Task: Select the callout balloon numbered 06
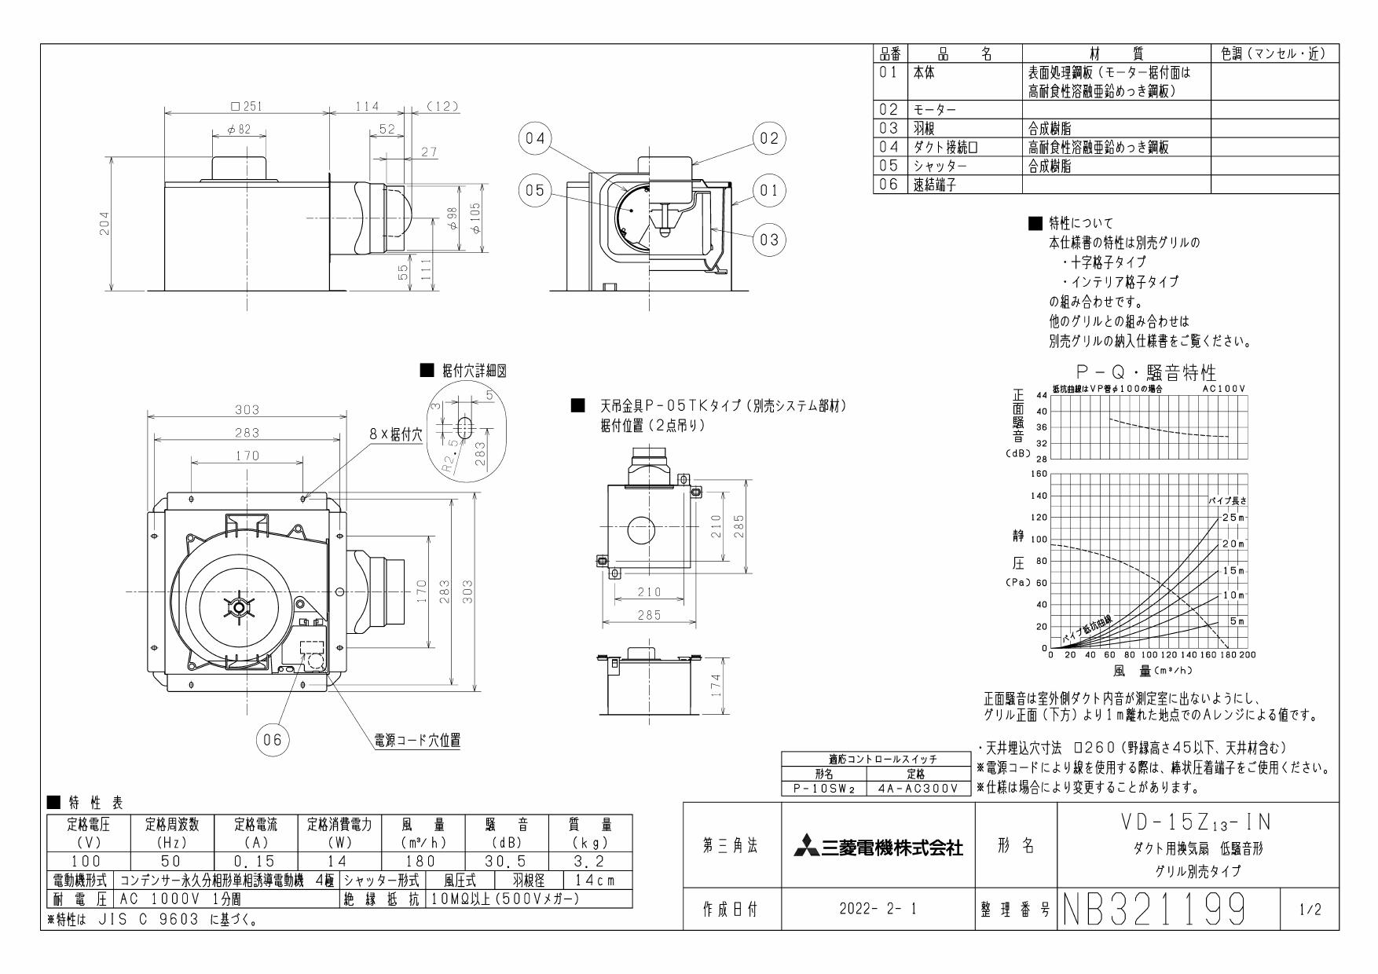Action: (x=272, y=740)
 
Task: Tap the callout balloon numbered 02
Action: (x=768, y=139)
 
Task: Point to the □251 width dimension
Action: (x=245, y=107)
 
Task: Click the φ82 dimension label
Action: (x=239, y=130)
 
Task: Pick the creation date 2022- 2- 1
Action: (x=877, y=910)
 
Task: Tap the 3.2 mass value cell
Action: (x=595, y=861)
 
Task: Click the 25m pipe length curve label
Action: (x=1233, y=518)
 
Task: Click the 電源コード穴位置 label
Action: (x=416, y=740)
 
